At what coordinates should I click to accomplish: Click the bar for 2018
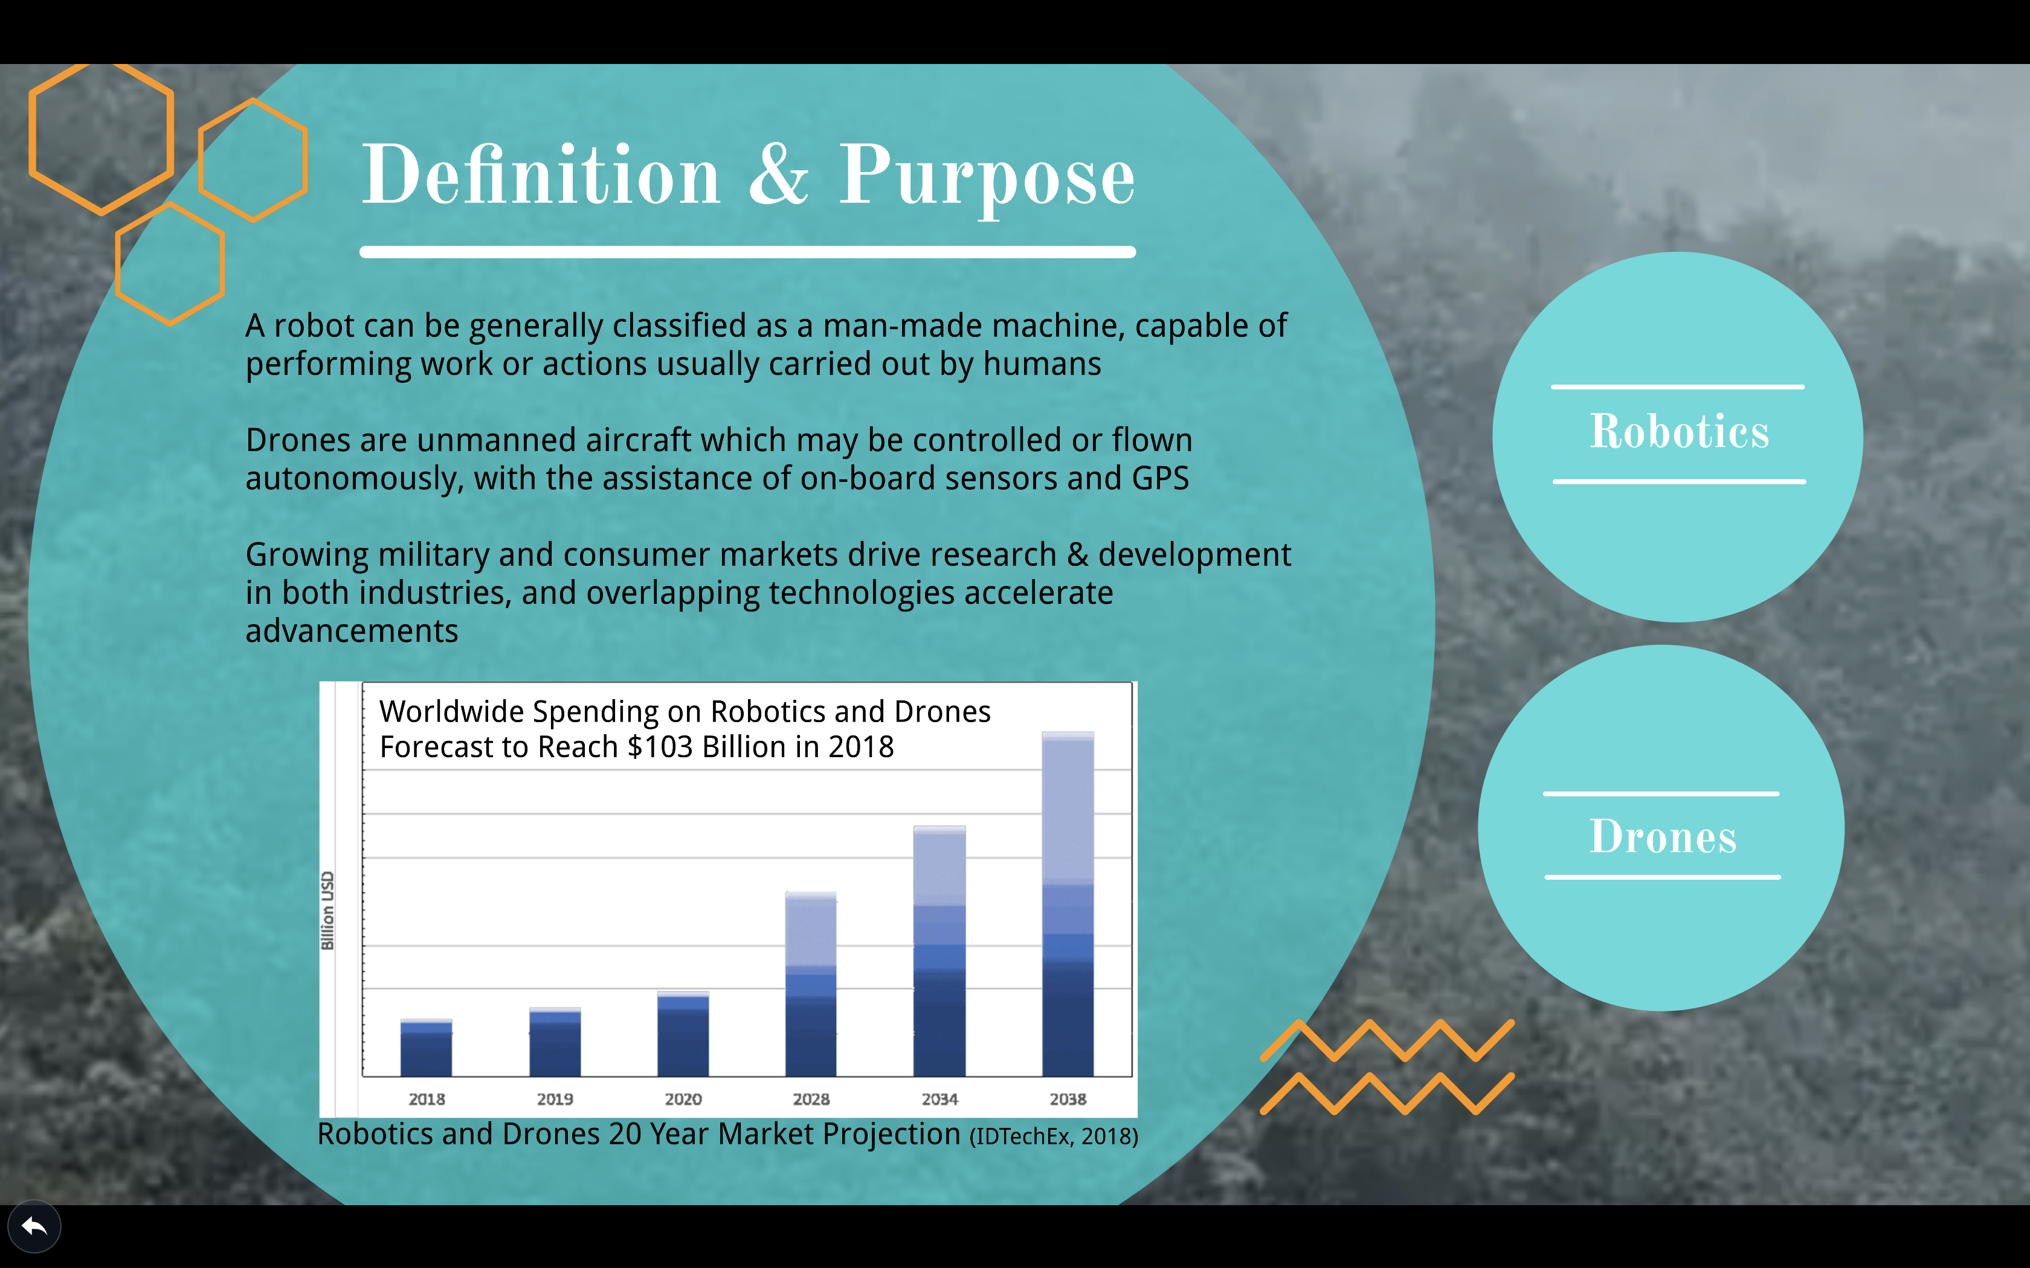click(x=426, y=1048)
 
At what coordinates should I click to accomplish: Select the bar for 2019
click(x=555, y=1042)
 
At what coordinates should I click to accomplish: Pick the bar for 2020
click(x=683, y=1034)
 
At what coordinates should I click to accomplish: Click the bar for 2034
click(x=939, y=951)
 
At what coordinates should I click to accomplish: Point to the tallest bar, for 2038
click(x=1068, y=904)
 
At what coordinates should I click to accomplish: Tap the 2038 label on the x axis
click(x=1068, y=1098)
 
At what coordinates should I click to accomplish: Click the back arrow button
click(x=34, y=1228)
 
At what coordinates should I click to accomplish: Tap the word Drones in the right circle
click(x=1663, y=836)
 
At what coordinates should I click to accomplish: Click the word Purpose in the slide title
click(x=987, y=176)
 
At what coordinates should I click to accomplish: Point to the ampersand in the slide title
click(x=778, y=174)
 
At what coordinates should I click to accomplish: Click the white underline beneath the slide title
click(x=747, y=252)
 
